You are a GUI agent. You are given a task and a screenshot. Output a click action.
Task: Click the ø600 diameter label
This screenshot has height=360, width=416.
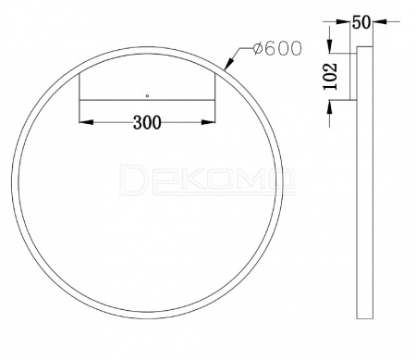[x=277, y=48]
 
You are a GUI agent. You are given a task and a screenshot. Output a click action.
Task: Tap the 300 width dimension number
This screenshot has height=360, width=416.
[x=147, y=122]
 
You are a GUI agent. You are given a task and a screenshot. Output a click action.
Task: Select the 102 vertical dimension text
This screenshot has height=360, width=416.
[x=330, y=77]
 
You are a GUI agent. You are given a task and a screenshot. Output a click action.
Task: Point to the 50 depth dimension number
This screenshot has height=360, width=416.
[x=361, y=22]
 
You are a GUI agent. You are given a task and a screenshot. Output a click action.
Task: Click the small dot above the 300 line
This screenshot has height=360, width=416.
[x=147, y=95]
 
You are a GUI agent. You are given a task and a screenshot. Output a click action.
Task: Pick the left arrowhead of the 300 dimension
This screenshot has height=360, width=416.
[x=86, y=122]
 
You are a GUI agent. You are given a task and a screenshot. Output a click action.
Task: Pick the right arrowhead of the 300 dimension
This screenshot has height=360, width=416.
[x=208, y=122]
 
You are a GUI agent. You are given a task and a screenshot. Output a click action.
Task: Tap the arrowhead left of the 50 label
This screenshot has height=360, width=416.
[x=343, y=22]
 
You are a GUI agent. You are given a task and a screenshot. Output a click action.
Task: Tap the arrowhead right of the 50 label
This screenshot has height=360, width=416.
[x=380, y=21]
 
